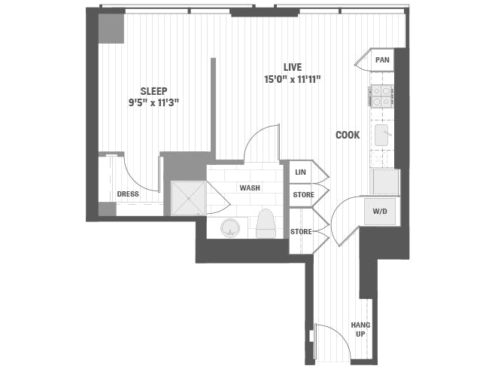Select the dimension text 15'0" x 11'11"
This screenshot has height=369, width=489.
(x=294, y=79)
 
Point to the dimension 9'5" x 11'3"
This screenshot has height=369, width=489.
(x=153, y=104)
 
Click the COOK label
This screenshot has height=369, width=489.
(x=348, y=135)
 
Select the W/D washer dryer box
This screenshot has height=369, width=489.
(x=381, y=211)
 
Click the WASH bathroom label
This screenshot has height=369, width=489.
(x=251, y=188)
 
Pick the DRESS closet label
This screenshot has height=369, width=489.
(x=128, y=194)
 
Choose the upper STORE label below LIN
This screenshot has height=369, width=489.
(x=302, y=195)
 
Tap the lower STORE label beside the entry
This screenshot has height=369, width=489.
(x=301, y=231)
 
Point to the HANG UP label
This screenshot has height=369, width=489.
(x=360, y=329)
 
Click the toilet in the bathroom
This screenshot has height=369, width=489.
(x=266, y=224)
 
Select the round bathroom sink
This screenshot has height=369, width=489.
(x=230, y=227)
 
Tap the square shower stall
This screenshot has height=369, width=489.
(x=187, y=198)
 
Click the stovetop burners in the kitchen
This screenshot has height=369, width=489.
(x=381, y=96)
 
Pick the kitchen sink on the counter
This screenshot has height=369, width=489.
(x=382, y=136)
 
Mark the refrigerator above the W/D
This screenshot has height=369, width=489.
(x=384, y=182)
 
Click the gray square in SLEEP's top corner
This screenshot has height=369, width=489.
(x=111, y=29)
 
